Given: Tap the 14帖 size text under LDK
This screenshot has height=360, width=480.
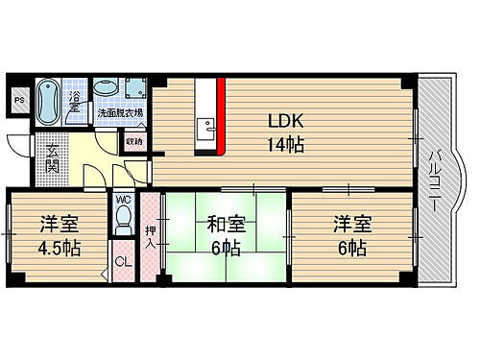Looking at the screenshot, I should [286, 146].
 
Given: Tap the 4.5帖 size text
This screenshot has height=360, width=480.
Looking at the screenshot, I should [60, 248].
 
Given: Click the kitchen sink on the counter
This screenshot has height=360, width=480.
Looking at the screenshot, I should [205, 129].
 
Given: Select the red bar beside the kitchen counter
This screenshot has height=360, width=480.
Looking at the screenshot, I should [220, 116].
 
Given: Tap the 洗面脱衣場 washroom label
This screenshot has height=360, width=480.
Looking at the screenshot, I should [121, 113].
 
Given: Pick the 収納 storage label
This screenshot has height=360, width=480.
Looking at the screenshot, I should [133, 142].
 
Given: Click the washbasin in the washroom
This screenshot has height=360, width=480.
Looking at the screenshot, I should [105, 89].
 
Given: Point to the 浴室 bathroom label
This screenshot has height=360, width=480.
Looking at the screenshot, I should [74, 100].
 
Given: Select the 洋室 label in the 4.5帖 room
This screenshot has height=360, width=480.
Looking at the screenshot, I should [60, 226].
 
